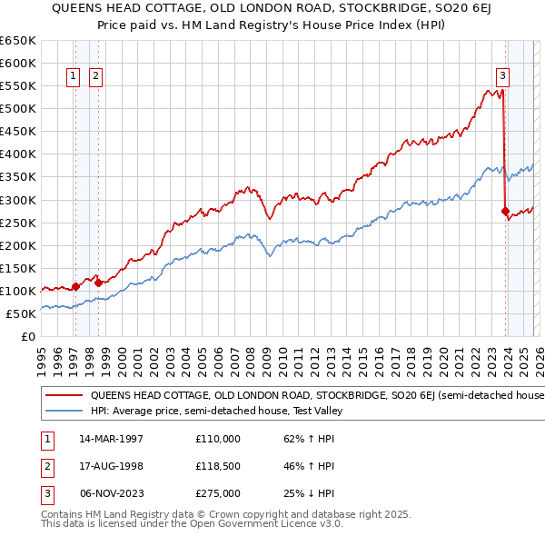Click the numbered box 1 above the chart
coord(73,77)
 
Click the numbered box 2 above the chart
coord(95,77)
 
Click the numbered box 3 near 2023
coord(502,77)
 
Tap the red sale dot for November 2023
coord(505,211)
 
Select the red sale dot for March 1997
coord(75,286)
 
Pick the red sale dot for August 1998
coord(98,283)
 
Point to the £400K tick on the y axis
coord(18,154)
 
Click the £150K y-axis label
coord(18,268)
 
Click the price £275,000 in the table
coord(218,493)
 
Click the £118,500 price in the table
coord(218,466)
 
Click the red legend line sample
coord(64,395)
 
